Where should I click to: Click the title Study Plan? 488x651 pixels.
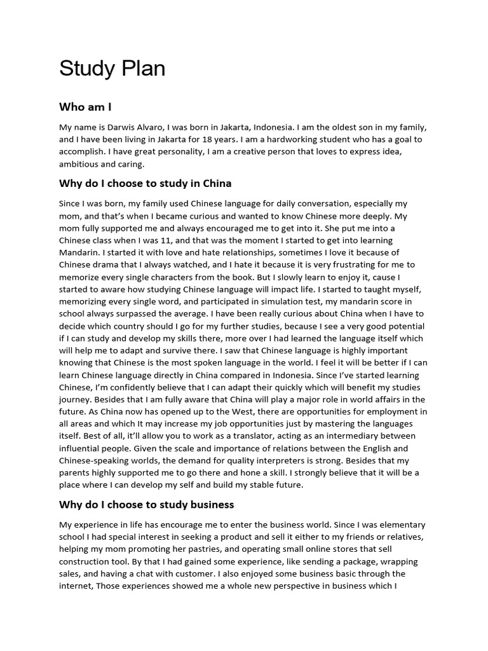[112, 69]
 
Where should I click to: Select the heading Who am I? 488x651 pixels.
[85, 107]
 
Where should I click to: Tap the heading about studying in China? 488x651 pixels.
[145, 184]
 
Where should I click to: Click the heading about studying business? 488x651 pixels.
[147, 505]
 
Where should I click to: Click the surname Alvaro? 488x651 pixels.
[162, 127]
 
